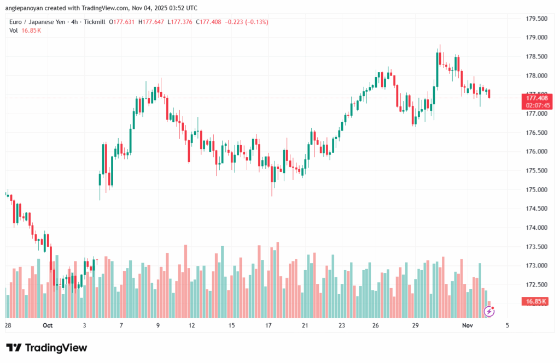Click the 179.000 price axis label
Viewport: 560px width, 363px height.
tap(536, 38)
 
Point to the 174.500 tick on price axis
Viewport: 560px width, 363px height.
tap(536, 209)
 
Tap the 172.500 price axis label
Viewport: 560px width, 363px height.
tap(536, 284)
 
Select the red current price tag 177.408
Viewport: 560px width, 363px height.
tap(536, 98)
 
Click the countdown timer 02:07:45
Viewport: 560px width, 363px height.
tap(536, 105)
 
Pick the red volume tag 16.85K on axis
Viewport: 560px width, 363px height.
tap(536, 301)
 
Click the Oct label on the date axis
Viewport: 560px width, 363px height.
tap(48, 325)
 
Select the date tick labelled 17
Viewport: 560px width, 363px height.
tap(269, 325)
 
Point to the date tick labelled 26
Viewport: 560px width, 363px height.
tap(376, 325)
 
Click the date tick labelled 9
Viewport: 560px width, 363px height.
tap(158, 325)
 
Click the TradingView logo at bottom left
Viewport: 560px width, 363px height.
tap(46, 348)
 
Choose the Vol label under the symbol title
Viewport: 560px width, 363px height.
tap(14, 31)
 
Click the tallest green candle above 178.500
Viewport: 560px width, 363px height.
tap(438, 68)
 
